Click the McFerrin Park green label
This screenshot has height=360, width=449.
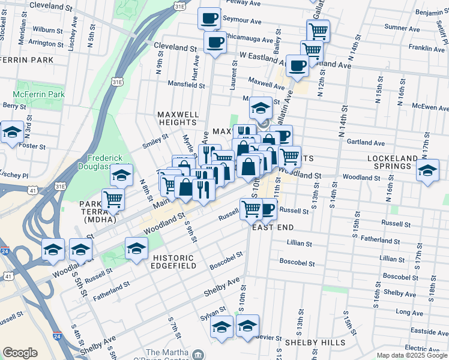pos(38,95)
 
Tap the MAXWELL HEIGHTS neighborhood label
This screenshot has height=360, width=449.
pos(178,118)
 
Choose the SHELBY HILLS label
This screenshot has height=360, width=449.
pos(315,343)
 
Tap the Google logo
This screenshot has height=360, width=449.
pos(20,353)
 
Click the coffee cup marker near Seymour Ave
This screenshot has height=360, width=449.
pos(209,18)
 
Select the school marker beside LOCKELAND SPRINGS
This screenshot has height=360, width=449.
pos(428,170)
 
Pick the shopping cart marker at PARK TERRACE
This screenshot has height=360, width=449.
pos(113,199)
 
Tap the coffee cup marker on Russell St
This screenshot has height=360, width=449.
pos(267,209)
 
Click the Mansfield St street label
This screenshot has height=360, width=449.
pos(186,85)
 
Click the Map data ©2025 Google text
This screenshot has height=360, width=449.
pos(412,355)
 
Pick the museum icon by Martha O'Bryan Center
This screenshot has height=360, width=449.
pos(196,355)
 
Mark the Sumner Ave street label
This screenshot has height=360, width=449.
pos(402,28)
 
